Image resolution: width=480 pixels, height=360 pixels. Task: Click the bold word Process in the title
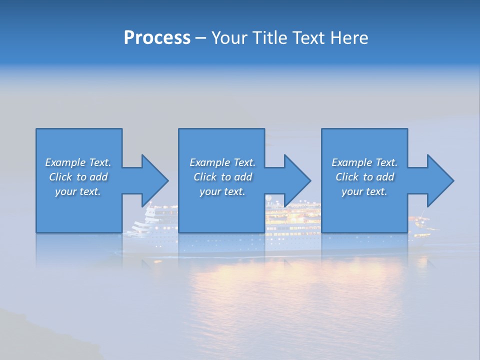tap(157, 38)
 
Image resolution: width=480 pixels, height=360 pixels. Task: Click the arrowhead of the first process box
tap(155, 180)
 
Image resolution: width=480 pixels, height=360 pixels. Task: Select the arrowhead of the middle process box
tap(297, 180)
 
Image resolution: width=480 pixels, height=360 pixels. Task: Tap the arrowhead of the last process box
tap(440, 180)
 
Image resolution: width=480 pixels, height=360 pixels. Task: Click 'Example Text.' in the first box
tap(78, 162)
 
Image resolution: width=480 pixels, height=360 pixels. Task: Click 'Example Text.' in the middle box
tap(222, 162)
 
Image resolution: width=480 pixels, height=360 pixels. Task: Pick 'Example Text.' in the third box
tap(364, 162)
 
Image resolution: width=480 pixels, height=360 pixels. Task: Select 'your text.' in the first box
tap(78, 191)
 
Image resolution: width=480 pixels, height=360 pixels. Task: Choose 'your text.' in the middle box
tap(222, 191)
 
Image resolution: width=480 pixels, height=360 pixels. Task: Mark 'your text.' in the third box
tap(364, 191)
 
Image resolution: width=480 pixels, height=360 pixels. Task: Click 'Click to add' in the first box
tap(78, 177)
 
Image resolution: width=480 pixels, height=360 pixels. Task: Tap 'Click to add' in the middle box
tap(222, 177)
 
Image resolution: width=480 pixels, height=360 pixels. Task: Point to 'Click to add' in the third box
tap(364, 177)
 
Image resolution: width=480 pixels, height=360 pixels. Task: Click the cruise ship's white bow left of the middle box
tap(150, 220)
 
